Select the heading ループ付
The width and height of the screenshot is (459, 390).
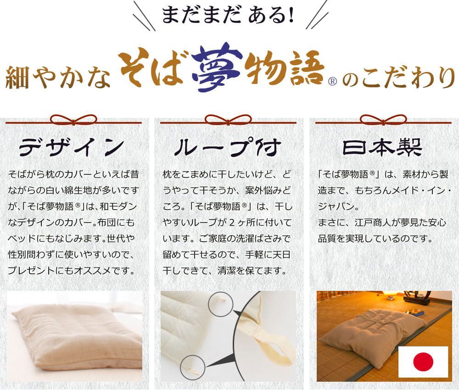coord(228,148)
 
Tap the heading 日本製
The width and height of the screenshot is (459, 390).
coord(382,148)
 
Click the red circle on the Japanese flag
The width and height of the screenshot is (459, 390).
coord(423,362)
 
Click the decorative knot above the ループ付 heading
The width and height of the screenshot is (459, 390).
coord(228,120)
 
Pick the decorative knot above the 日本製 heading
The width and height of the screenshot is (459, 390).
coord(383,120)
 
